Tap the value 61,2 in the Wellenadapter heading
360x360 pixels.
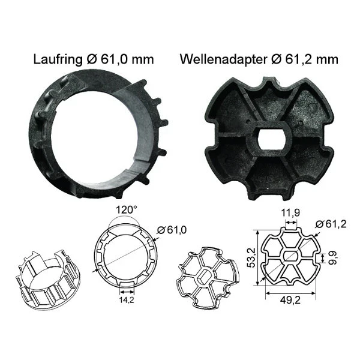click(304, 59)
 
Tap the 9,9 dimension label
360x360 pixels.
click(331, 259)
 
